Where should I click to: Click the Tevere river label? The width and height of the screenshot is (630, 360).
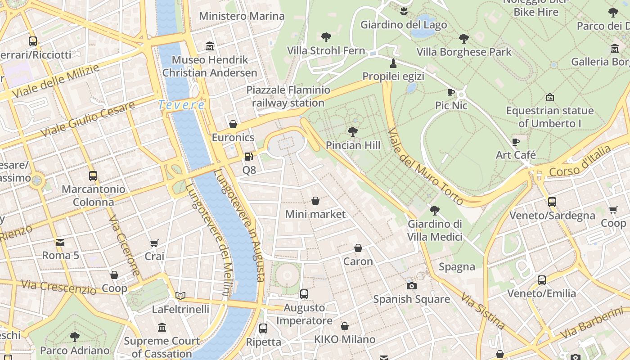coord(181,105)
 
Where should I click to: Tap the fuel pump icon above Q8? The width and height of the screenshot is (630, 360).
coord(248,157)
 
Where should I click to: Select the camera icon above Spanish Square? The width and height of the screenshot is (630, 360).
coord(411,286)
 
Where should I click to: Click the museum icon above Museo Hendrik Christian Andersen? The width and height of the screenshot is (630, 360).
coord(209,46)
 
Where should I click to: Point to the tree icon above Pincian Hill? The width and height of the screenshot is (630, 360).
coord(353,132)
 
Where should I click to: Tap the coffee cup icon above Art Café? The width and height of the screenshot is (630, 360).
coord(516,142)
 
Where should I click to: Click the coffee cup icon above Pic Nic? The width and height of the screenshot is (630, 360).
coord(451,93)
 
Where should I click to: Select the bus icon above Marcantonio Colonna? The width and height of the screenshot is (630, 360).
coord(93,176)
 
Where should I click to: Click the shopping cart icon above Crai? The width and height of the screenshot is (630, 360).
coord(154,243)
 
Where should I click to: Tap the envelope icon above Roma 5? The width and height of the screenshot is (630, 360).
coord(60,243)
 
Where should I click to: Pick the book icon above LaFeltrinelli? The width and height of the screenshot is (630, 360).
coord(180,296)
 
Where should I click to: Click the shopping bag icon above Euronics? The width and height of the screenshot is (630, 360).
coord(233,124)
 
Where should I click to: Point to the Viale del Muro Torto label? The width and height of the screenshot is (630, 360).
coord(425,166)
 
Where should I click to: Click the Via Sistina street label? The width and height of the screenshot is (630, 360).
coord(483,310)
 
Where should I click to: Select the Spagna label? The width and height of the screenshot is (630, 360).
coord(457,267)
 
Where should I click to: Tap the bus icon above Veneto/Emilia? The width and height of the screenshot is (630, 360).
coord(542,280)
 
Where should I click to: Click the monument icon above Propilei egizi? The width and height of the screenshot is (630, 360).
coord(393,63)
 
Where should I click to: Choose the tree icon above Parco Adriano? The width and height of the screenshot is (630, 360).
coord(75,337)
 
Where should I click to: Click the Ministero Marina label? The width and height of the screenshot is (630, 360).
coord(242,16)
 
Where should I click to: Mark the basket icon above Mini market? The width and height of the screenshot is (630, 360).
coord(315,201)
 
